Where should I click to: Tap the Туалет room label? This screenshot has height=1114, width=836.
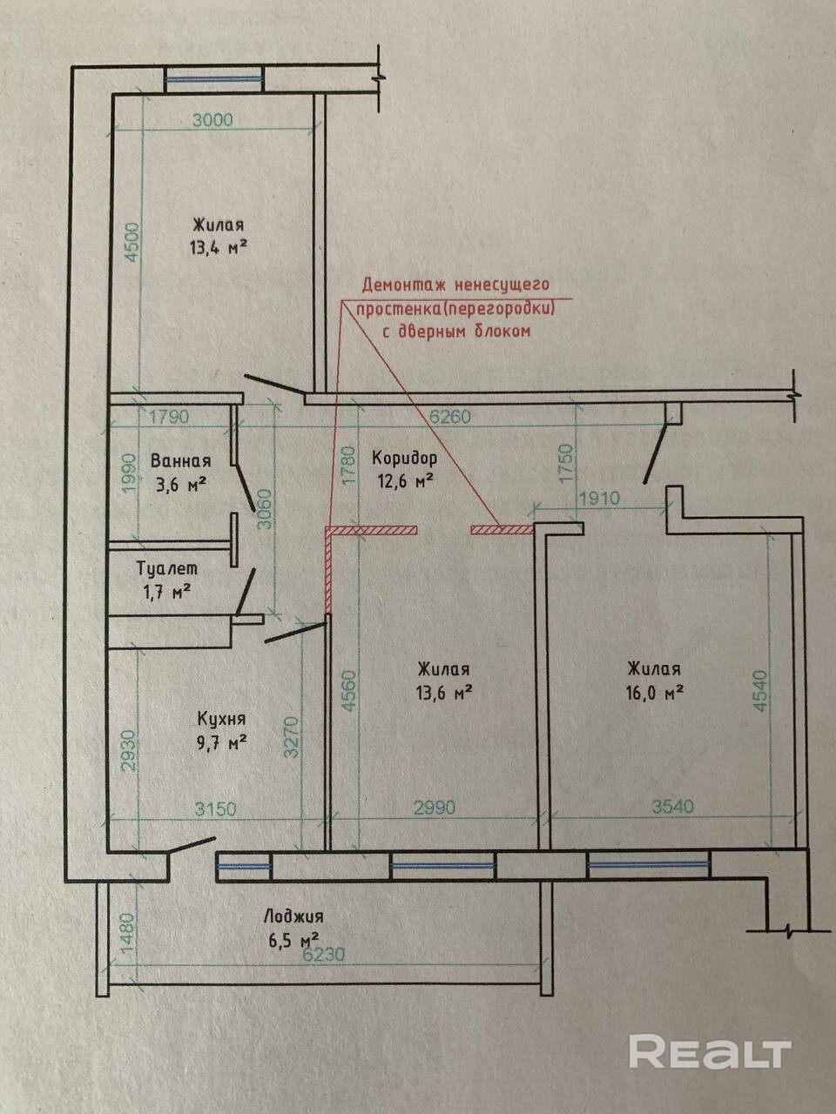[167, 568]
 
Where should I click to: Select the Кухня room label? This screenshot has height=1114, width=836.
[221, 719]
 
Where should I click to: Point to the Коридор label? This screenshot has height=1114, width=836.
[404, 458]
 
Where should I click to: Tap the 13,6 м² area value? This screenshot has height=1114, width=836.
[444, 694]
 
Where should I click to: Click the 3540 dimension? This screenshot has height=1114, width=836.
[672, 807]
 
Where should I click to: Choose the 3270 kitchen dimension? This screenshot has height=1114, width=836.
[293, 736]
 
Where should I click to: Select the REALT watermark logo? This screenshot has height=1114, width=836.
[709, 1051]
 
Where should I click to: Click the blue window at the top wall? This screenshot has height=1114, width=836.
[214, 80]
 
